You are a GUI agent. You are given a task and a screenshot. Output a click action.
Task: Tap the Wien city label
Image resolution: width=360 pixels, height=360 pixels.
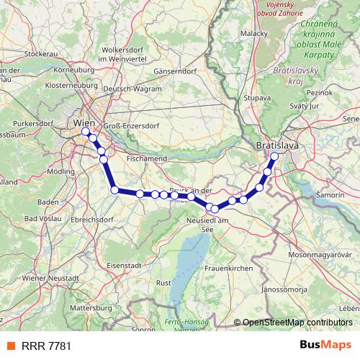click(x=84, y=123)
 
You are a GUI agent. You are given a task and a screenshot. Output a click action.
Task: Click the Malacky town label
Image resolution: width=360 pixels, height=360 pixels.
click(x=254, y=33)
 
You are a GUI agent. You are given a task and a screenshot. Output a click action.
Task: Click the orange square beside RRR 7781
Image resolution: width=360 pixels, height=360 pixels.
click(x=11, y=346)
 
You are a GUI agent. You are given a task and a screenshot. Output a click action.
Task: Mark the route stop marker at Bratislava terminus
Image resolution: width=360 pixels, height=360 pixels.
click(x=274, y=156)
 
